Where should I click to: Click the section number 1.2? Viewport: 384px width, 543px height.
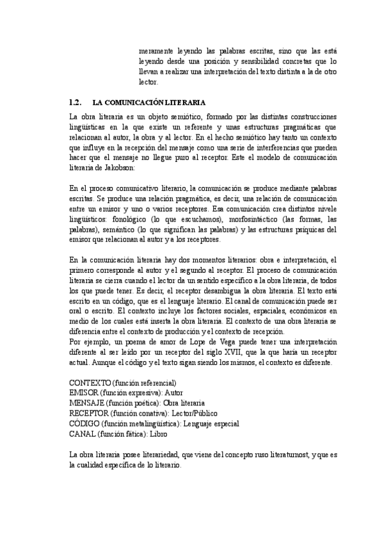[76, 102]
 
